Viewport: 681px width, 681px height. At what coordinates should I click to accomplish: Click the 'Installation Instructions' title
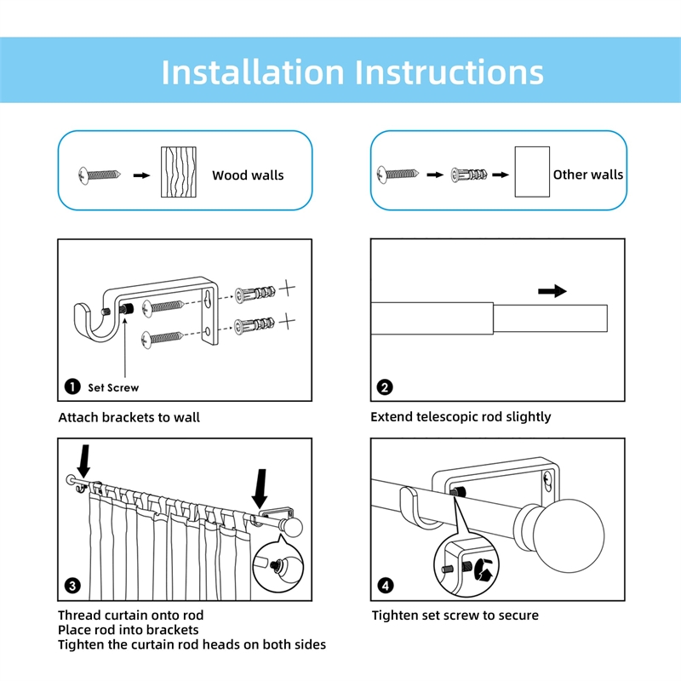352,72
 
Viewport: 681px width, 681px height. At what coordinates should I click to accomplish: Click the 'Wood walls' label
248,175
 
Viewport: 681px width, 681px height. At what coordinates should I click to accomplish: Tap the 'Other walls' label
587,175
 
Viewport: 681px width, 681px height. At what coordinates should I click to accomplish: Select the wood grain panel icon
179,173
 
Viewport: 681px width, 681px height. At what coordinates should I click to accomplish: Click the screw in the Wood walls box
101,175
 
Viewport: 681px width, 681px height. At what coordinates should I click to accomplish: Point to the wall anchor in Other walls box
467,175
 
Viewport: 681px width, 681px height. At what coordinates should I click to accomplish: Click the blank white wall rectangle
531,172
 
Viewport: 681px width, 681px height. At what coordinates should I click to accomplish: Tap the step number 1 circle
72,387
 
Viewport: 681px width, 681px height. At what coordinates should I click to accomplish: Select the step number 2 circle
385,387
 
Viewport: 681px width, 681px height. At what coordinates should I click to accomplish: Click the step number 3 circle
72,586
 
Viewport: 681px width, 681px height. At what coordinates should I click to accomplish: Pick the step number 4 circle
385,586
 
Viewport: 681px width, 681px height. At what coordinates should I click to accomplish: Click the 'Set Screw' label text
113,388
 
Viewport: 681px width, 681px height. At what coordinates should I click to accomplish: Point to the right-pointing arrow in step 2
552,291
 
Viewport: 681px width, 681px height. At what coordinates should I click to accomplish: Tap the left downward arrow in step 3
84,460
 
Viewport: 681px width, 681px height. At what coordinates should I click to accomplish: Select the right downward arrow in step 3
260,488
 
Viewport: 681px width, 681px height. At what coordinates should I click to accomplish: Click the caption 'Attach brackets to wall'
129,417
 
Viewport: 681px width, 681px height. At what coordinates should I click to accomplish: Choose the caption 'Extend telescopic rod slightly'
461,417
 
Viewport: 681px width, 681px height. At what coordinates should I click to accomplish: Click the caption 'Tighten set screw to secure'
455,615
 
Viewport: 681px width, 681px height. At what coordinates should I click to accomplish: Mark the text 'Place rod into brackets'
128,630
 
